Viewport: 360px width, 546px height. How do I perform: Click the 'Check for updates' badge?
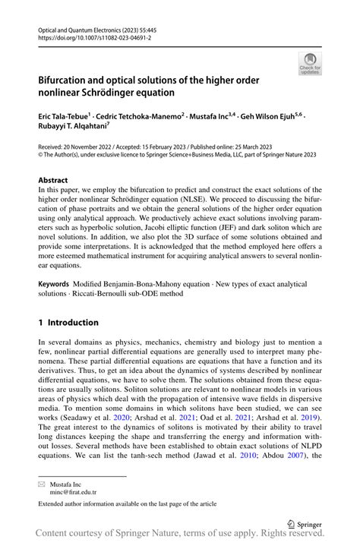click(x=309, y=63)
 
